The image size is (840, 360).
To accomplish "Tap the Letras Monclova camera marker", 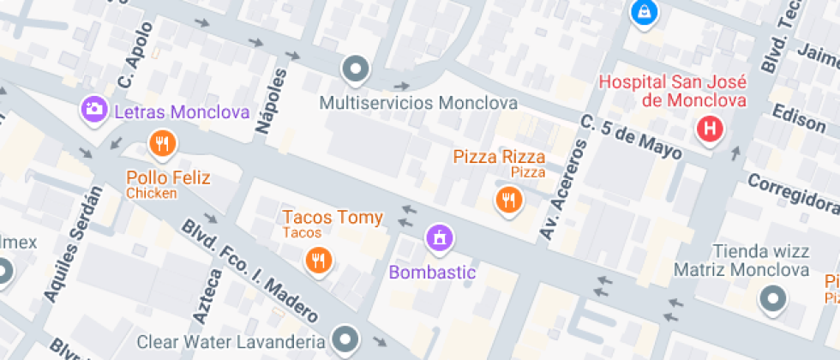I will point(93,109).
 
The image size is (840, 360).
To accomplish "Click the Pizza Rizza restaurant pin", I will point(509,201).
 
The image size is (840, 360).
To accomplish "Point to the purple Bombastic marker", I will point(440,237).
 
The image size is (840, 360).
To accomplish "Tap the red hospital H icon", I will point(710,130).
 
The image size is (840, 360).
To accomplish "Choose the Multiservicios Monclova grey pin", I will point(355,68).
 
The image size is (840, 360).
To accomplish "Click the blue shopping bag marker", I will point(642,12).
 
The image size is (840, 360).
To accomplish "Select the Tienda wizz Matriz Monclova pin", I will point(774,298).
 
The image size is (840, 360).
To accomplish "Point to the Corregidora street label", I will point(793,193).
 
